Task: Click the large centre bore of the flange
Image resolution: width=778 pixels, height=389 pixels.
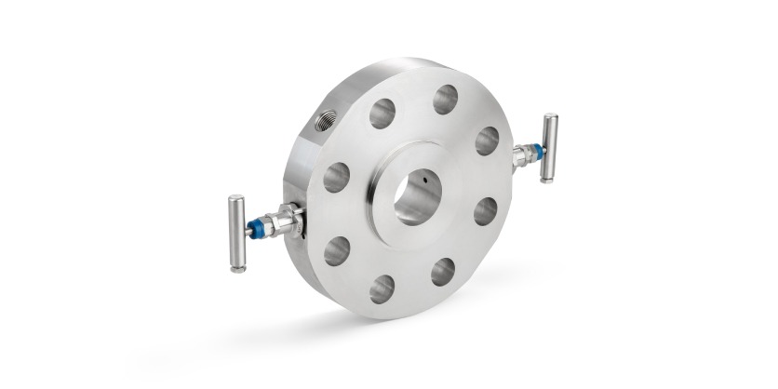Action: point(416,196)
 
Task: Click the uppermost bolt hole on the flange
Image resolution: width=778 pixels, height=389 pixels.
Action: point(445,99)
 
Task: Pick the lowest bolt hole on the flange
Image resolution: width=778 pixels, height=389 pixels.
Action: point(382,288)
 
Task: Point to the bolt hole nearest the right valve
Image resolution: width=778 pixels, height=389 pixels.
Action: point(487,141)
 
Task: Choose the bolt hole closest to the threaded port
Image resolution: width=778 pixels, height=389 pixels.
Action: point(382,114)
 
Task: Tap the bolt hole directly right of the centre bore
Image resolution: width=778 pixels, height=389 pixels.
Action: point(485,211)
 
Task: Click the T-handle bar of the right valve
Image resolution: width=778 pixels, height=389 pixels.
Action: point(549,148)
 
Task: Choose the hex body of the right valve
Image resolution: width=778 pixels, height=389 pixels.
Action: point(524,154)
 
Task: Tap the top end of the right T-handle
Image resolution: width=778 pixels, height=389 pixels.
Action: point(551,118)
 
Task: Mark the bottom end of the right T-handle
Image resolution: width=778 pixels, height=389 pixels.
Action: point(547,178)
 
